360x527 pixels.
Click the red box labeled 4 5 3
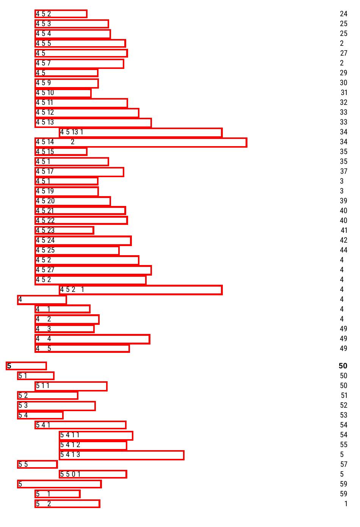(x=72, y=24)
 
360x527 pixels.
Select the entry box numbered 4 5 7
(x=79, y=63)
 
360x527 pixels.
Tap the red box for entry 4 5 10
(x=63, y=93)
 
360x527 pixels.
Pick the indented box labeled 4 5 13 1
(x=141, y=132)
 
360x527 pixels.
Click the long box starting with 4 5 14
(x=141, y=142)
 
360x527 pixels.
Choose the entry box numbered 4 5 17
(x=79, y=172)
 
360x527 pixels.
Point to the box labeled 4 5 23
(x=64, y=230)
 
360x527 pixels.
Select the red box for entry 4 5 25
(x=77, y=250)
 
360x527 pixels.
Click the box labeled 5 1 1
(x=71, y=386)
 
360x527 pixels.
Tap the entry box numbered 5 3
(x=56, y=405)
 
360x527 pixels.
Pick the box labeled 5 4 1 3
(x=122, y=455)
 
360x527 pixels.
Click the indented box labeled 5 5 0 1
(x=93, y=474)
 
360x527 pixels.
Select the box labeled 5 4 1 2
(x=93, y=445)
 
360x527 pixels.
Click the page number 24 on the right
(x=343, y=14)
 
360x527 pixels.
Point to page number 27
(x=343, y=53)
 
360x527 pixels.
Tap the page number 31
(x=344, y=93)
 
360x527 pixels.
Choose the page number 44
(x=343, y=250)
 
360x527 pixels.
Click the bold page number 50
(x=343, y=366)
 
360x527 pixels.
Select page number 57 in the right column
(x=343, y=465)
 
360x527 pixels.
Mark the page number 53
(x=343, y=415)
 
